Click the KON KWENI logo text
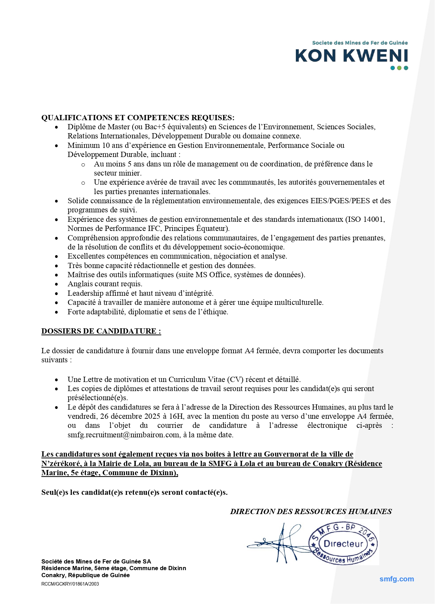point(352,56)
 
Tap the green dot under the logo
point(399,68)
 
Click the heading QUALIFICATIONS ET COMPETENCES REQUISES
point(138,118)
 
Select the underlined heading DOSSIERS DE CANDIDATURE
point(101,331)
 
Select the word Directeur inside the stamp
point(344,544)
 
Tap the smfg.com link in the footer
point(396,579)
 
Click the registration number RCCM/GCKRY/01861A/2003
point(70,584)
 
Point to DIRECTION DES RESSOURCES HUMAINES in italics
point(311,512)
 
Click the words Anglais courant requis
point(105,284)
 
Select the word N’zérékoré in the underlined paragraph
point(61,464)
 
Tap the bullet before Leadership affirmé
point(57,294)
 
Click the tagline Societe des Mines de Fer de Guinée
point(360,43)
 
